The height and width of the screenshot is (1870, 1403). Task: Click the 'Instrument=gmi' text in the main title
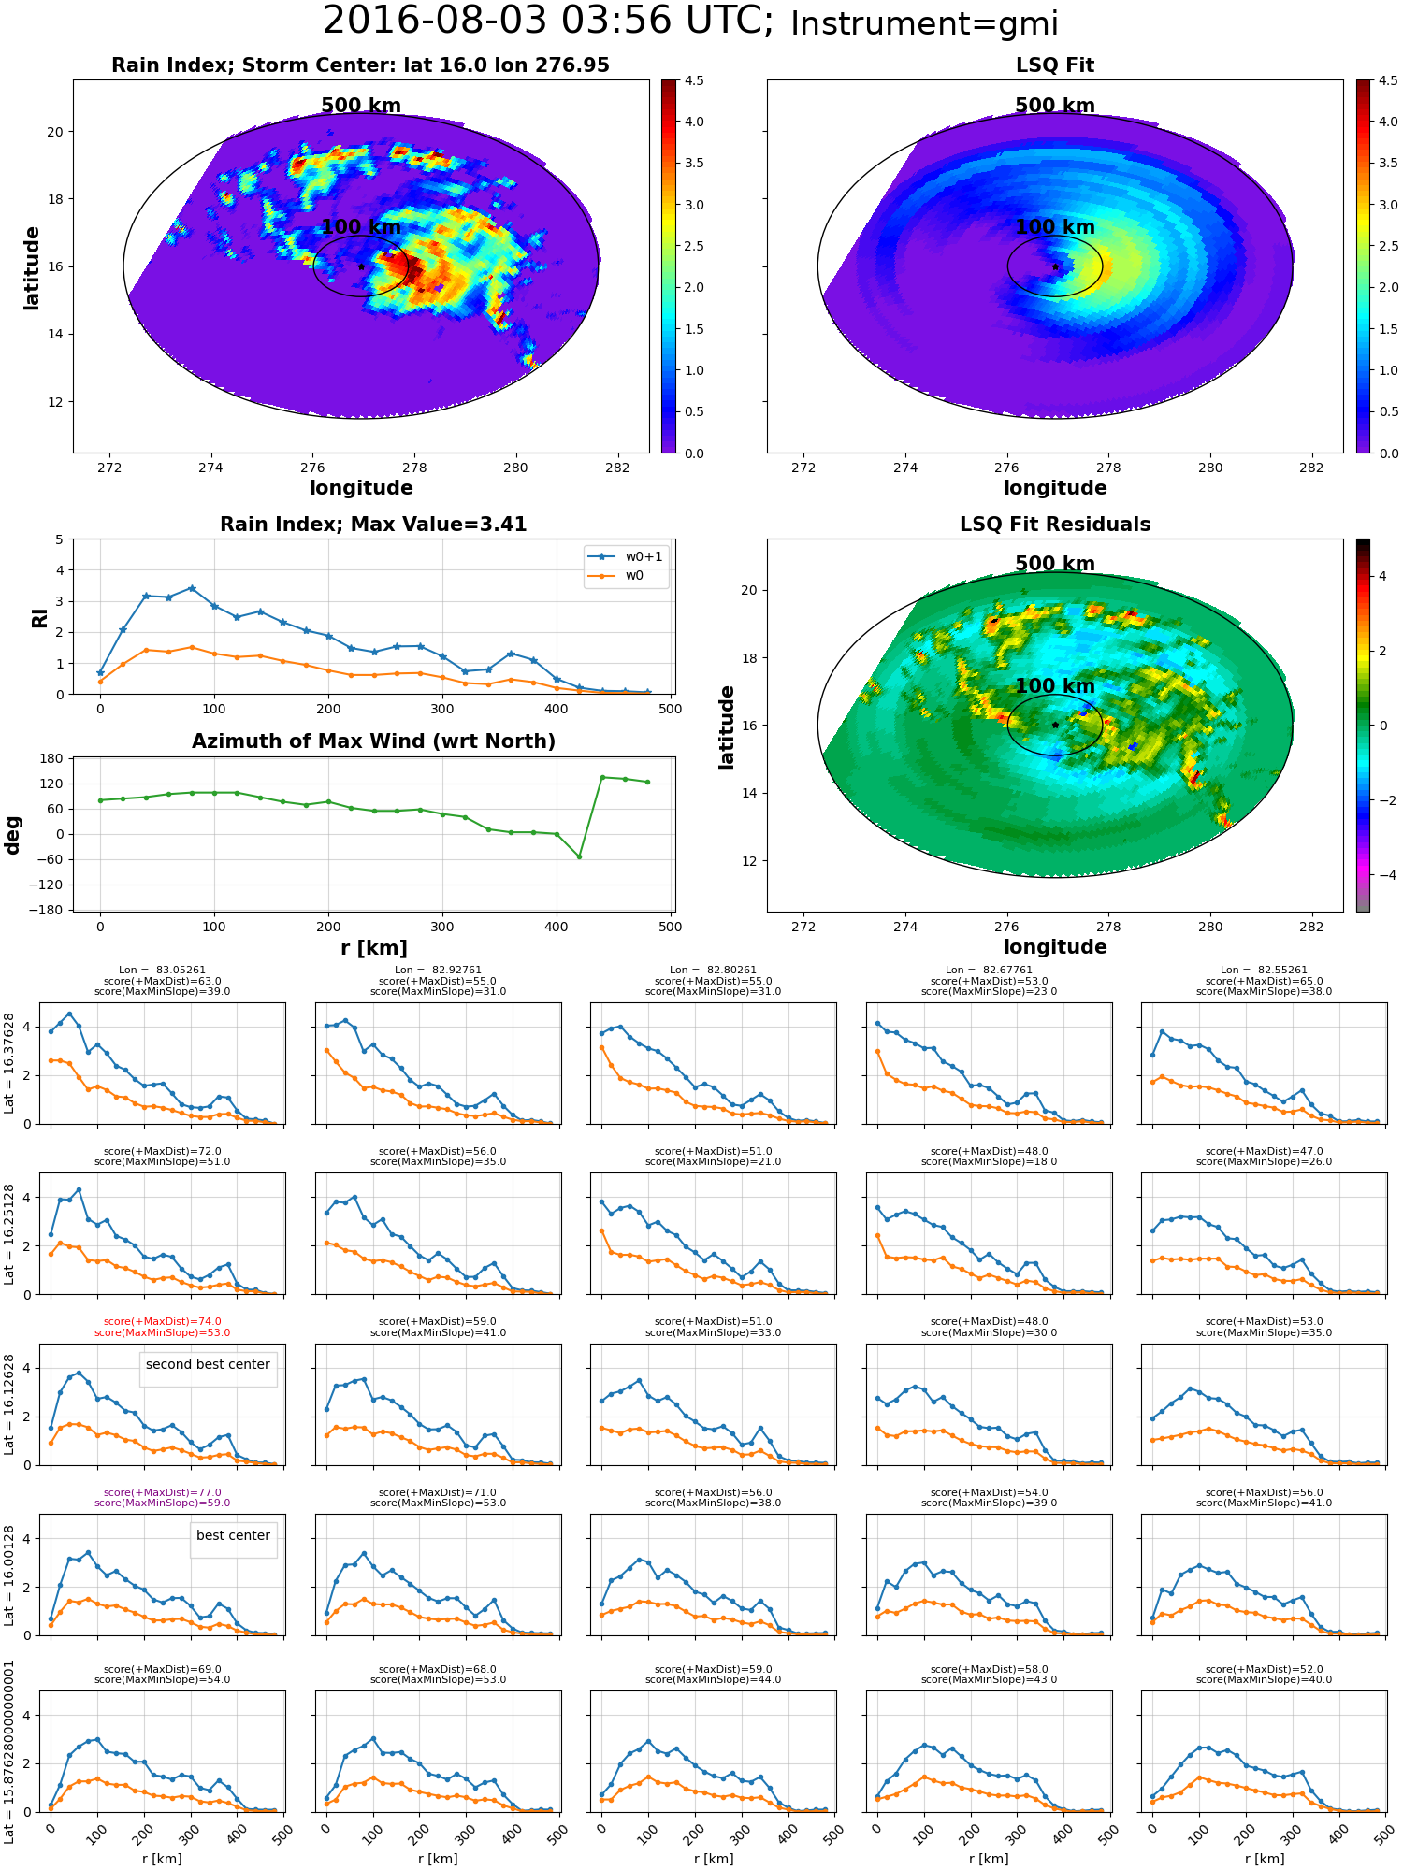(x=924, y=24)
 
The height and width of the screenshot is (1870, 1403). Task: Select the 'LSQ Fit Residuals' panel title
(x=1055, y=525)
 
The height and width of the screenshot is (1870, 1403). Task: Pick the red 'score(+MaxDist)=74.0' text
(x=163, y=1322)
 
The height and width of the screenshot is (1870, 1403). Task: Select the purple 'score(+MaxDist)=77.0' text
(x=163, y=1493)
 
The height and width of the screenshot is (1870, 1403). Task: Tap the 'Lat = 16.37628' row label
(x=9, y=1063)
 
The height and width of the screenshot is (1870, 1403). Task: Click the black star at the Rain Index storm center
(x=361, y=266)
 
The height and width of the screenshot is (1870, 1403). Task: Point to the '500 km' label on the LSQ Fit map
(x=1055, y=106)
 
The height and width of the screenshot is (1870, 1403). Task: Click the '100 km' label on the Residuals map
(x=1055, y=686)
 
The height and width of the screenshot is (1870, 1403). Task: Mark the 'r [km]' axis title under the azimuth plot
(x=374, y=948)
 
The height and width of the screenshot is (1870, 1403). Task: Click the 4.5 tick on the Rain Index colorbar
(x=694, y=80)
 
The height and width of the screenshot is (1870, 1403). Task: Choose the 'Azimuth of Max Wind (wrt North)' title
(x=374, y=741)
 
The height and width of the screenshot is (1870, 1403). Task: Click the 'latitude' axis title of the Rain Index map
(x=32, y=267)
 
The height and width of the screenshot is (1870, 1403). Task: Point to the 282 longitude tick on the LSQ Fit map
(x=1311, y=467)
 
